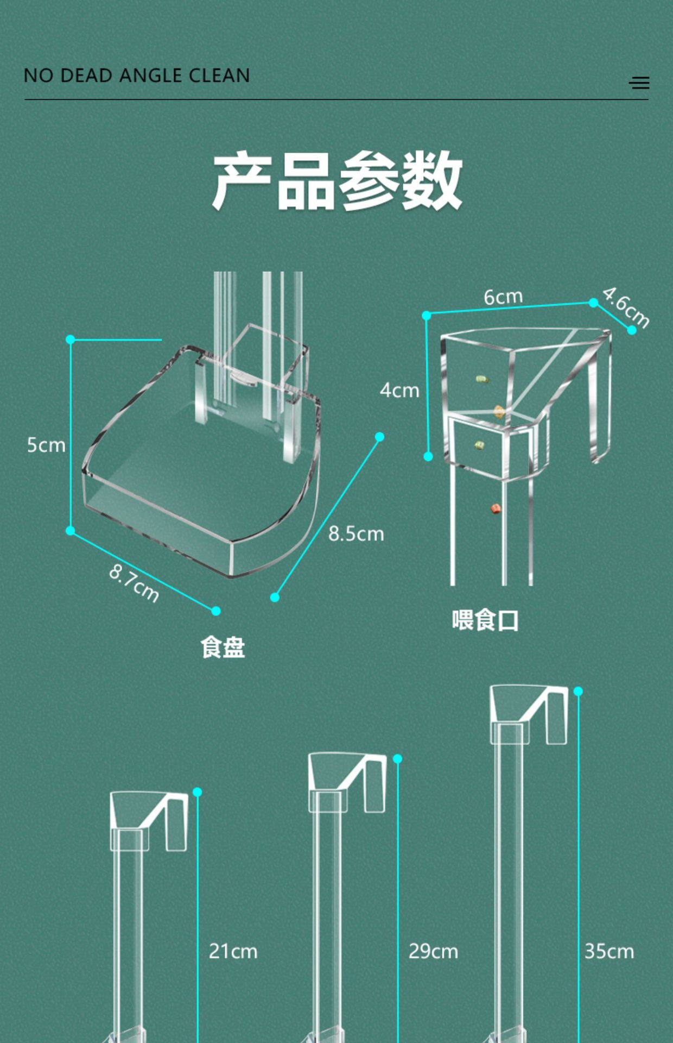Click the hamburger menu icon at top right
pyautogui.click(x=639, y=83)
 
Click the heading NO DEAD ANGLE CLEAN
pyautogui.click(x=137, y=76)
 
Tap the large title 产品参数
pyautogui.click(x=336, y=181)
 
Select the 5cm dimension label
pyautogui.click(x=46, y=445)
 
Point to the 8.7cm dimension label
pyautogui.click(x=134, y=583)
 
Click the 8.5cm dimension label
pyautogui.click(x=356, y=533)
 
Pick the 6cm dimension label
pyautogui.click(x=503, y=297)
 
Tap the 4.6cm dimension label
pyautogui.click(x=626, y=307)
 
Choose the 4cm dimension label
pyautogui.click(x=399, y=390)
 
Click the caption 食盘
pyautogui.click(x=223, y=648)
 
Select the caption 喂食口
pyautogui.click(x=485, y=620)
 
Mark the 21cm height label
pyautogui.click(x=233, y=951)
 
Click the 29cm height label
pyautogui.click(x=433, y=951)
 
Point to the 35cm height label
pyautogui.click(x=609, y=951)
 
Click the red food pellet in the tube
pyautogui.click(x=496, y=509)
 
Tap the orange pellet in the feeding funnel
pyautogui.click(x=499, y=411)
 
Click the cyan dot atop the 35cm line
pyautogui.click(x=578, y=691)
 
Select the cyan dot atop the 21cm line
pyautogui.click(x=197, y=792)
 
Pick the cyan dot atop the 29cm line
pyautogui.click(x=397, y=758)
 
